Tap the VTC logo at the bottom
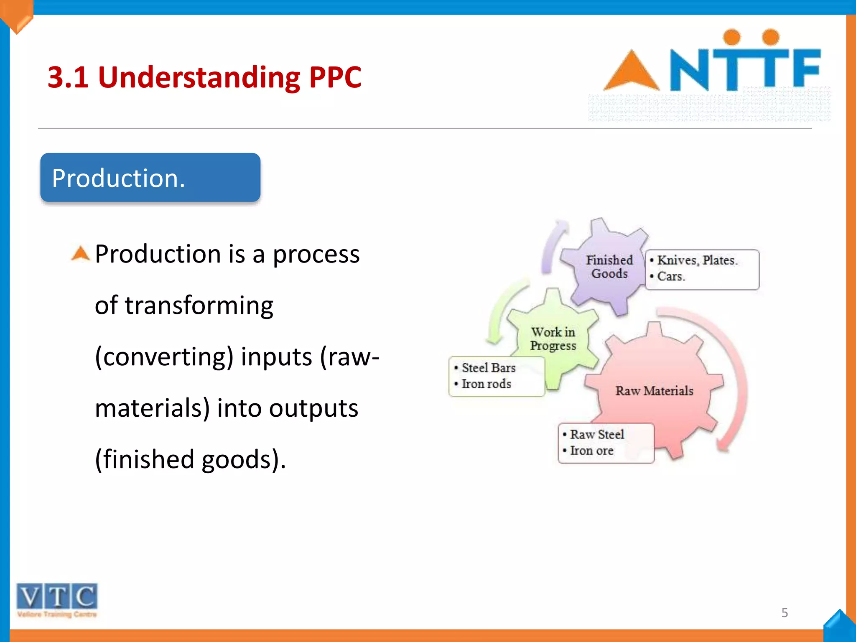click(57, 599)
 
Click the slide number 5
click(785, 613)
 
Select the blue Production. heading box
click(150, 178)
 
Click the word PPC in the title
click(335, 77)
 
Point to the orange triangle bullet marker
click(80, 253)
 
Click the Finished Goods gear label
click(609, 267)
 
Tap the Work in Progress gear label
click(553, 339)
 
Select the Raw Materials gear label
click(654, 391)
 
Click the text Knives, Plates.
click(697, 260)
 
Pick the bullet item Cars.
click(671, 276)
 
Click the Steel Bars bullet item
click(488, 368)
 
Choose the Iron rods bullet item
click(486, 384)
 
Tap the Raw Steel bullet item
click(597, 435)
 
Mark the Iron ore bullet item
click(591, 451)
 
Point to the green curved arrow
click(502, 313)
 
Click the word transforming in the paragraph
click(199, 305)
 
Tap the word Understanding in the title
click(199, 77)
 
